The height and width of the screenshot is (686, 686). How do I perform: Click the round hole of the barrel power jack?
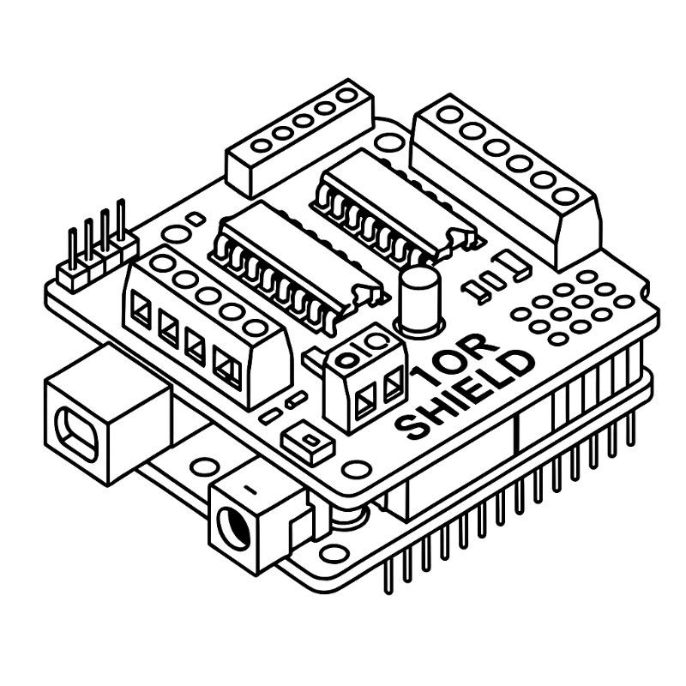pyautogui.click(x=233, y=527)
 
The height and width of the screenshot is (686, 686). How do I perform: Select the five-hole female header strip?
pyautogui.click(x=300, y=137)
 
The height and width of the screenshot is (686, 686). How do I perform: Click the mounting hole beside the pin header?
pyautogui.click(x=175, y=234)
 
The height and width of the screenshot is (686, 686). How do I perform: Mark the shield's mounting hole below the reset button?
pyautogui.click(x=355, y=469)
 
